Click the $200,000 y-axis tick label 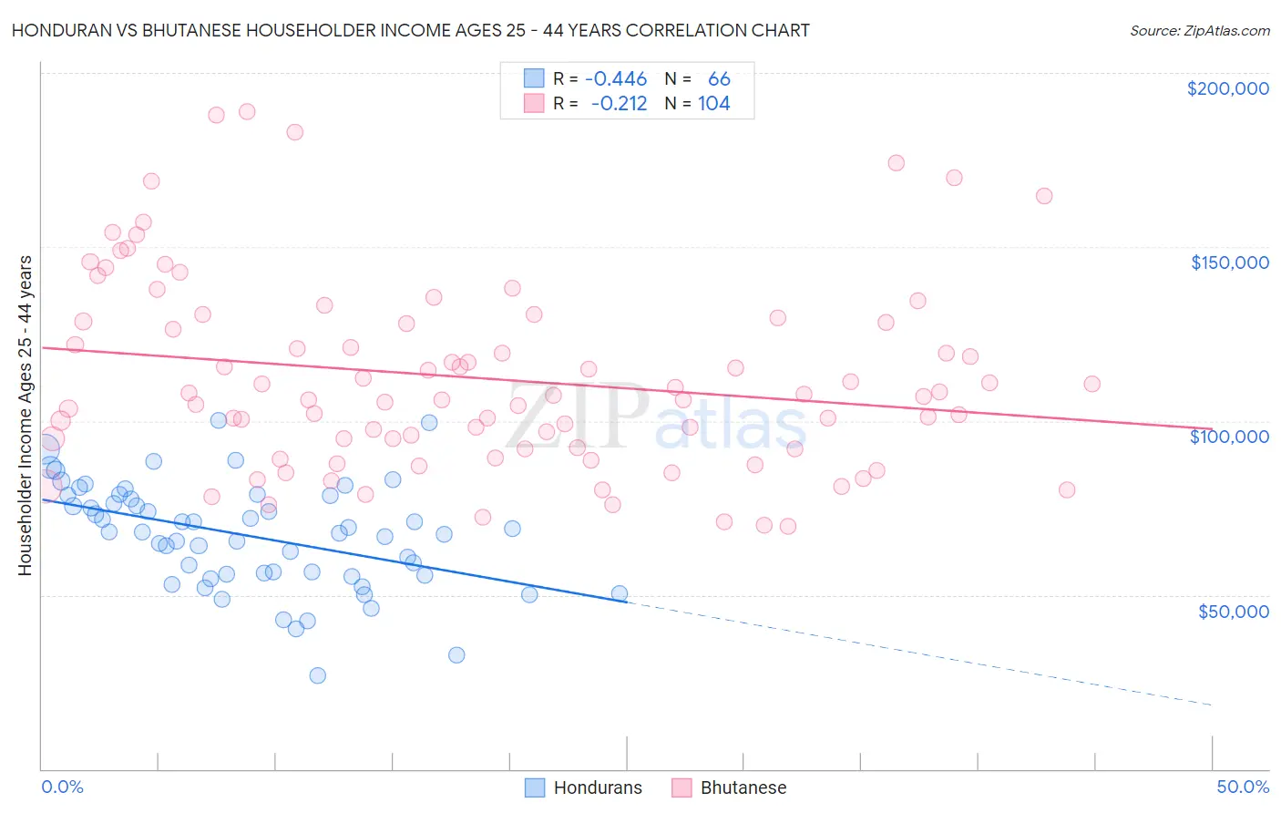coord(1227,88)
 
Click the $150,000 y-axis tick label coord(1229,262)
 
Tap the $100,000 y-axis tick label coord(1229,437)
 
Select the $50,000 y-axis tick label coord(1233,612)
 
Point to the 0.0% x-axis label coord(62,787)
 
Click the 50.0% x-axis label coord(1243,787)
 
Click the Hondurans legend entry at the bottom coord(584,787)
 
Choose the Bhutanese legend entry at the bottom coord(729,787)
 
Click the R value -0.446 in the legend coord(616,79)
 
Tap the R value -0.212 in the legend coord(619,104)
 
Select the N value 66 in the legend coord(719,79)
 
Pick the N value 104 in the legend coord(714,104)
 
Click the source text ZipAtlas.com coord(1199,30)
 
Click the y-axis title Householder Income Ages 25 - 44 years coord(25,416)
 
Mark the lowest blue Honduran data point coord(317,675)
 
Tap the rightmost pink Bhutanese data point coord(1091,384)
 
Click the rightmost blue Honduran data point coord(620,593)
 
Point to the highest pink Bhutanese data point coord(247,111)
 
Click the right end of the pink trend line coord(1212,428)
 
